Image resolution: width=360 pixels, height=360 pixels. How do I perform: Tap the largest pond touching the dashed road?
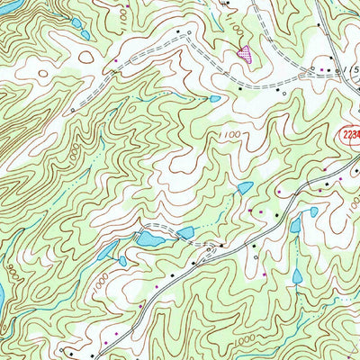tap(148, 238)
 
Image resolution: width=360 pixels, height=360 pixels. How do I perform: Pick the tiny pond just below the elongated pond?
tap(122, 261)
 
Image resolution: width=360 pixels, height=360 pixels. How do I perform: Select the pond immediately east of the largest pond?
tap(185, 233)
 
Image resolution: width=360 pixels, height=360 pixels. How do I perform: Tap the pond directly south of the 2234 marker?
tap(313, 212)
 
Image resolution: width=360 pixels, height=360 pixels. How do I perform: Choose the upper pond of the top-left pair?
tap(76, 23)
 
